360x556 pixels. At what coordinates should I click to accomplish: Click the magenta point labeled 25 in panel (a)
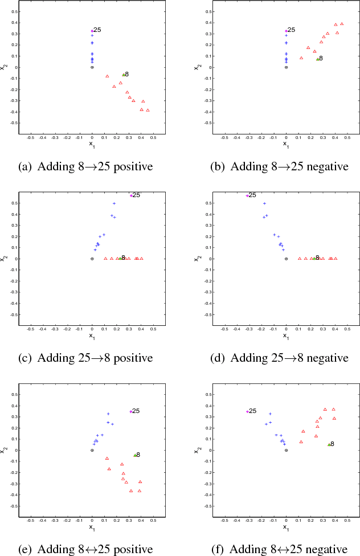92,31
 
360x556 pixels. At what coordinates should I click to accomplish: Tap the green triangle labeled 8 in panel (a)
123,75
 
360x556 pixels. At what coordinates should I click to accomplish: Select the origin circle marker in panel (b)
286,67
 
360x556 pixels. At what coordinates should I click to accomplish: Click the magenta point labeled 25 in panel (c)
131,195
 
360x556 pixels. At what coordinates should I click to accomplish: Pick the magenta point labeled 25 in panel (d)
247,195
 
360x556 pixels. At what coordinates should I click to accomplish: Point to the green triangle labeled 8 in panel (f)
329,444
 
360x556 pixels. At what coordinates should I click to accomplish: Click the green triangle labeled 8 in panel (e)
135,455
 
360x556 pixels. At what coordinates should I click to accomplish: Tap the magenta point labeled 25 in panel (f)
247,411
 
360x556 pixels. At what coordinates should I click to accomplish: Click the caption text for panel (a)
85,167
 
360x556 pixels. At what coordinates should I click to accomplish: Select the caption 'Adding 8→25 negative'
280,167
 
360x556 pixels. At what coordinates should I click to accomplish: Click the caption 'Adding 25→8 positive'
85,358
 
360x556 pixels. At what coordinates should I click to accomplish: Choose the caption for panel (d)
280,358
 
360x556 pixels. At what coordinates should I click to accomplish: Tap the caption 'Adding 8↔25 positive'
85,550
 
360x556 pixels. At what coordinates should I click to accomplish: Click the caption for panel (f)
280,550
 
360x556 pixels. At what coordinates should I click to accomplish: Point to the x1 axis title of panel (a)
92,145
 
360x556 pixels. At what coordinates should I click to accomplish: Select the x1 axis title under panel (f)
286,528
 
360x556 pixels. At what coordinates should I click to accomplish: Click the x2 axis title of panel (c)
4,259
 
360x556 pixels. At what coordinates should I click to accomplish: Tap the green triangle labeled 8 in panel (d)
314,258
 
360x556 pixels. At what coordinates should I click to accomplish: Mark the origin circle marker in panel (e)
92,450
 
